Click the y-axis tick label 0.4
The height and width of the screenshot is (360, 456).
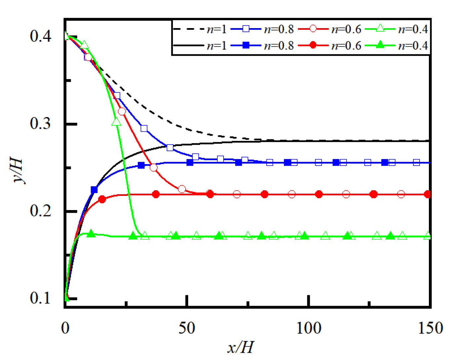(x=40, y=36)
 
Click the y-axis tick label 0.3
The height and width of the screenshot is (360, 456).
(x=40, y=123)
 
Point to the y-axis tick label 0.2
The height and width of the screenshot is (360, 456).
(x=40, y=211)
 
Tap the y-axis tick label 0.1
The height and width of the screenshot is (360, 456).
(x=40, y=298)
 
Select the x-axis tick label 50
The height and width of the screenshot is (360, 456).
(x=187, y=328)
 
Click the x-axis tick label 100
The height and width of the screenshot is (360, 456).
(x=308, y=328)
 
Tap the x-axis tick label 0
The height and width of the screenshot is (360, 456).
(x=65, y=328)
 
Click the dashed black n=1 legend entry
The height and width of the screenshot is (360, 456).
(x=200, y=29)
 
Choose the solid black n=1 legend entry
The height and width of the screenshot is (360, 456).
(x=200, y=45)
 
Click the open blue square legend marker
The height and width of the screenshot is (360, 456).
(x=246, y=29)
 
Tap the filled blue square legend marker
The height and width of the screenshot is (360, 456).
(x=246, y=45)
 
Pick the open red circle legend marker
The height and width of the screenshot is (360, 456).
(x=313, y=29)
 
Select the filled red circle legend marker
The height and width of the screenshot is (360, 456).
(x=313, y=45)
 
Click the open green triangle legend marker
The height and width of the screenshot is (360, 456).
(x=380, y=28)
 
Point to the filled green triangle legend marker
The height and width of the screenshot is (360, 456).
(x=380, y=45)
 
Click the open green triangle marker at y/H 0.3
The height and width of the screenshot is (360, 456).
(x=116, y=122)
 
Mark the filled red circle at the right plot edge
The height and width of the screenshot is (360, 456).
(x=427, y=194)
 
